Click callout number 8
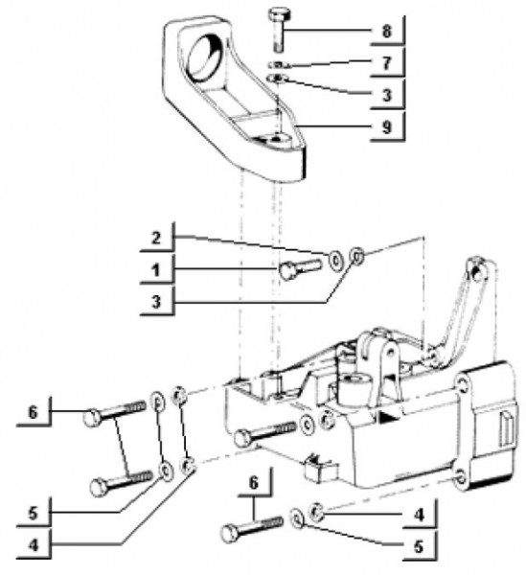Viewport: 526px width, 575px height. (x=386, y=32)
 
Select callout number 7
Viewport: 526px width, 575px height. (x=386, y=63)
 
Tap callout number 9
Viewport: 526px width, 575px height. (x=387, y=127)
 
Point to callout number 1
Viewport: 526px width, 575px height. (x=156, y=270)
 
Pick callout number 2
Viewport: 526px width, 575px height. (x=156, y=239)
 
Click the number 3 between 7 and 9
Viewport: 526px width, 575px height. (x=387, y=95)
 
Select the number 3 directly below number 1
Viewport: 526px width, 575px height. (x=156, y=303)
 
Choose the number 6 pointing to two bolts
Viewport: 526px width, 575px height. (x=33, y=413)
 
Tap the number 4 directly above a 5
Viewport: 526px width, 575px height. (x=419, y=515)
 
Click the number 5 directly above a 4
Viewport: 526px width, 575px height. (x=33, y=514)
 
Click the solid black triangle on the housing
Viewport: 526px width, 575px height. (x=386, y=416)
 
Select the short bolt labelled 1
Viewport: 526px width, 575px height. (x=300, y=268)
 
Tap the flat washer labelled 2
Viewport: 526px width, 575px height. (x=335, y=260)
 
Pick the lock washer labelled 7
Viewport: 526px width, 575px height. (x=279, y=65)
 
